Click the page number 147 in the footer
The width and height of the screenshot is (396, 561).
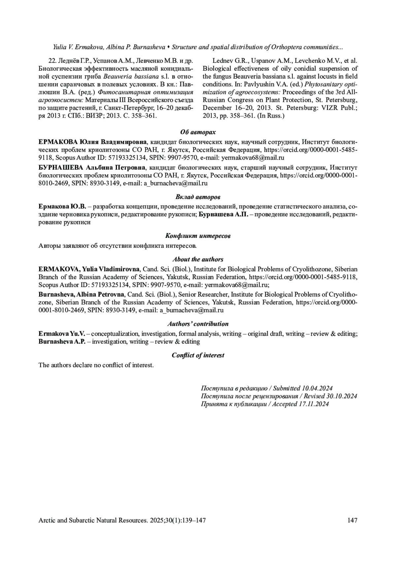point(352,520)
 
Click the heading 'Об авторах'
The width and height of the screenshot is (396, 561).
point(198,132)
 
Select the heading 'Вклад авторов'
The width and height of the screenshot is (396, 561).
point(198,197)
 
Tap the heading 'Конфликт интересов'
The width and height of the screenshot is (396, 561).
point(198,236)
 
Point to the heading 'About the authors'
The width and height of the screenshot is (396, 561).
point(198,259)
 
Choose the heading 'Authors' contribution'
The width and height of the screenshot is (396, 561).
point(198,324)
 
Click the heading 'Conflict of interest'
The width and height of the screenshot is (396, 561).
point(198,355)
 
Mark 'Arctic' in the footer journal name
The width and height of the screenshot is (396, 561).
point(47,520)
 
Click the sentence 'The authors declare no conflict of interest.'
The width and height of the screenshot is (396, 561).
point(96,365)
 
